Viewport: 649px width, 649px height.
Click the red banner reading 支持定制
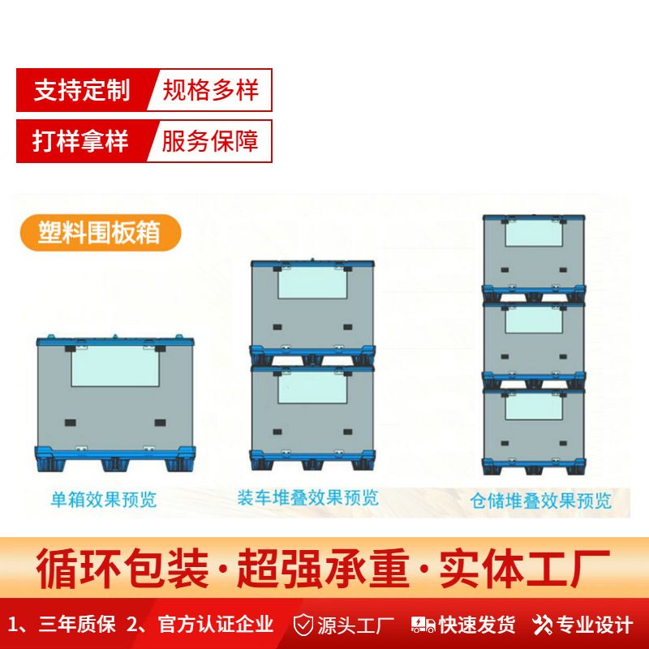(x=81, y=90)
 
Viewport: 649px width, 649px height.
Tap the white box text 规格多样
(x=211, y=90)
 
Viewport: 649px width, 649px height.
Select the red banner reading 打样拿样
(x=81, y=141)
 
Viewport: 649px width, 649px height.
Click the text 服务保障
(x=211, y=141)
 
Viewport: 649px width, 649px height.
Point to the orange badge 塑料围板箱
(x=98, y=232)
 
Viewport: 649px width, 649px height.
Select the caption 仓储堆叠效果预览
(x=541, y=500)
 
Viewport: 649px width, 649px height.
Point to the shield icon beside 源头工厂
(x=303, y=625)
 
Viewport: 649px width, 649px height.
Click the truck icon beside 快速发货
(x=423, y=625)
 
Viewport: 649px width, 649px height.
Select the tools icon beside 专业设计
(x=542, y=625)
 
